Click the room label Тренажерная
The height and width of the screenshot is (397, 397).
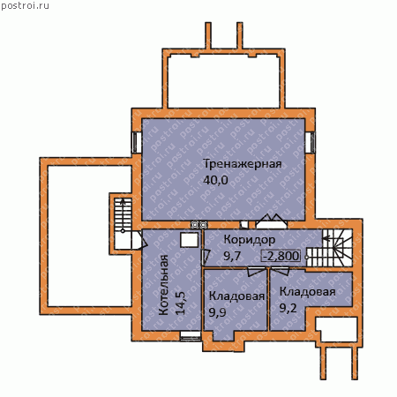243,164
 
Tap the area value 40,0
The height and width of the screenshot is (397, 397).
215,180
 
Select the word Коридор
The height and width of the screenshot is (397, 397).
250,240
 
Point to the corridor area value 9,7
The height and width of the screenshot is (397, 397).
232,256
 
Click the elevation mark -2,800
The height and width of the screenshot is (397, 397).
281,256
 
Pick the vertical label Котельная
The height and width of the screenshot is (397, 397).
163,285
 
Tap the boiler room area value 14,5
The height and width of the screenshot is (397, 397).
180,303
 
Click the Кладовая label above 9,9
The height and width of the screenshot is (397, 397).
236,296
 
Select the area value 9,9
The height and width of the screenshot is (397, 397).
217,312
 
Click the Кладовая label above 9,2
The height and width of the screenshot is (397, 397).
307,292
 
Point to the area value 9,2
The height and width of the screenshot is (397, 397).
288,308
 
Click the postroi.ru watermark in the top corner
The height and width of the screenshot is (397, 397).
25,5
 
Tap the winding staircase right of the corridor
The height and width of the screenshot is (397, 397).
329,248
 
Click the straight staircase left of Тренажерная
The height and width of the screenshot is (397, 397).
123,215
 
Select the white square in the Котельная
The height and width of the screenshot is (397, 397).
189,240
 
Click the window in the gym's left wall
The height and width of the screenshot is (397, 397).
135,142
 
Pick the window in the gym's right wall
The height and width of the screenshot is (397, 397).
310,142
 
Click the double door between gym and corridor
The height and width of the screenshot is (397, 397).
271,221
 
